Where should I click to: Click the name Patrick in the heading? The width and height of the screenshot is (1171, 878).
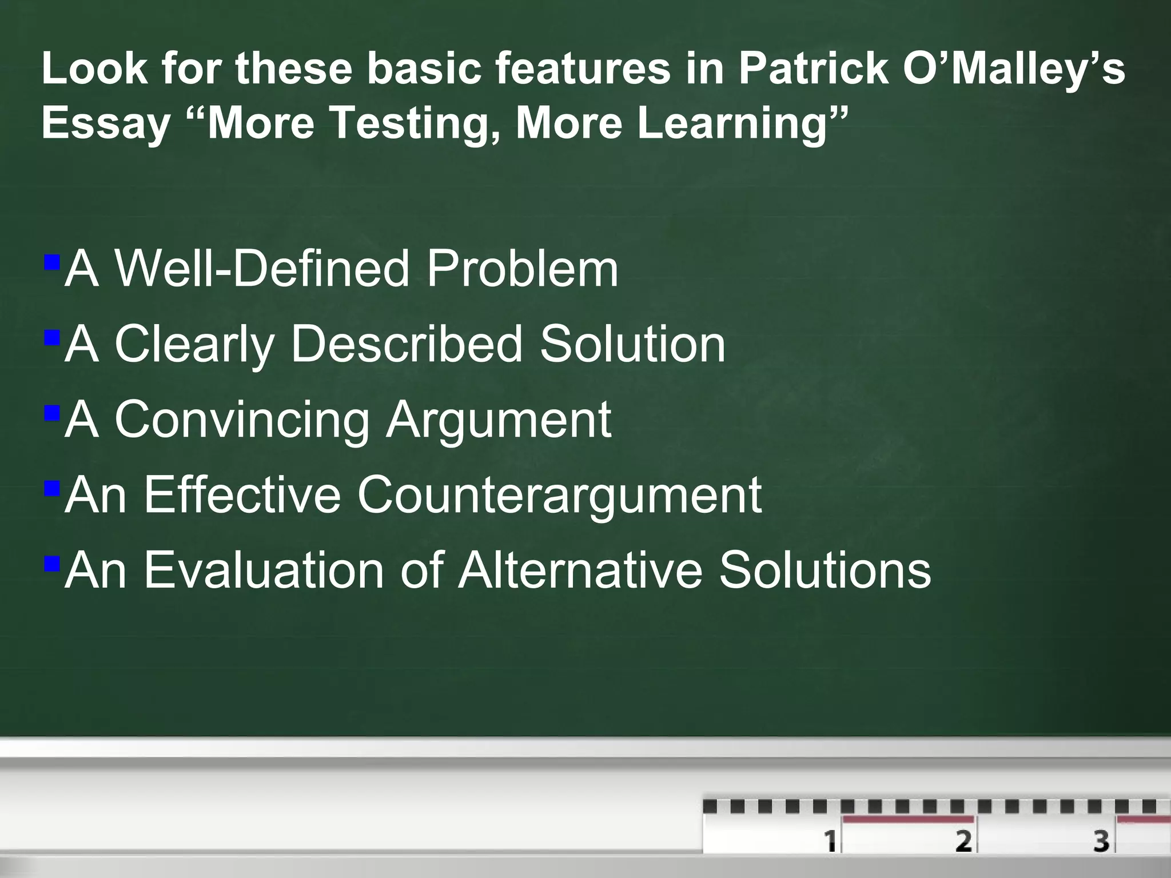pos(812,69)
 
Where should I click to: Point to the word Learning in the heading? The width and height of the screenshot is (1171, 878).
pos(733,124)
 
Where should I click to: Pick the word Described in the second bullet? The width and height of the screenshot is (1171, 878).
pos(407,345)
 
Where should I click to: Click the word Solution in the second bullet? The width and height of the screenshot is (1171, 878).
pos(632,345)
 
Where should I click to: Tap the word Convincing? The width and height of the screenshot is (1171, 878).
pos(242,420)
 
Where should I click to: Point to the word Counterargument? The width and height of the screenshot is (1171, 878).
pos(559,496)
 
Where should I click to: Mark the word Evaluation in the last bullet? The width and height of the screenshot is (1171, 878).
pos(264,571)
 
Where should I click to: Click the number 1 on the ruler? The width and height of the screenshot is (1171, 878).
pos(830,841)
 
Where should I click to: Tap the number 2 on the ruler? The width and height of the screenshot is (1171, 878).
pos(963,841)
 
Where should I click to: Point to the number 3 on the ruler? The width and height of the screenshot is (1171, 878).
pos(1101,841)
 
